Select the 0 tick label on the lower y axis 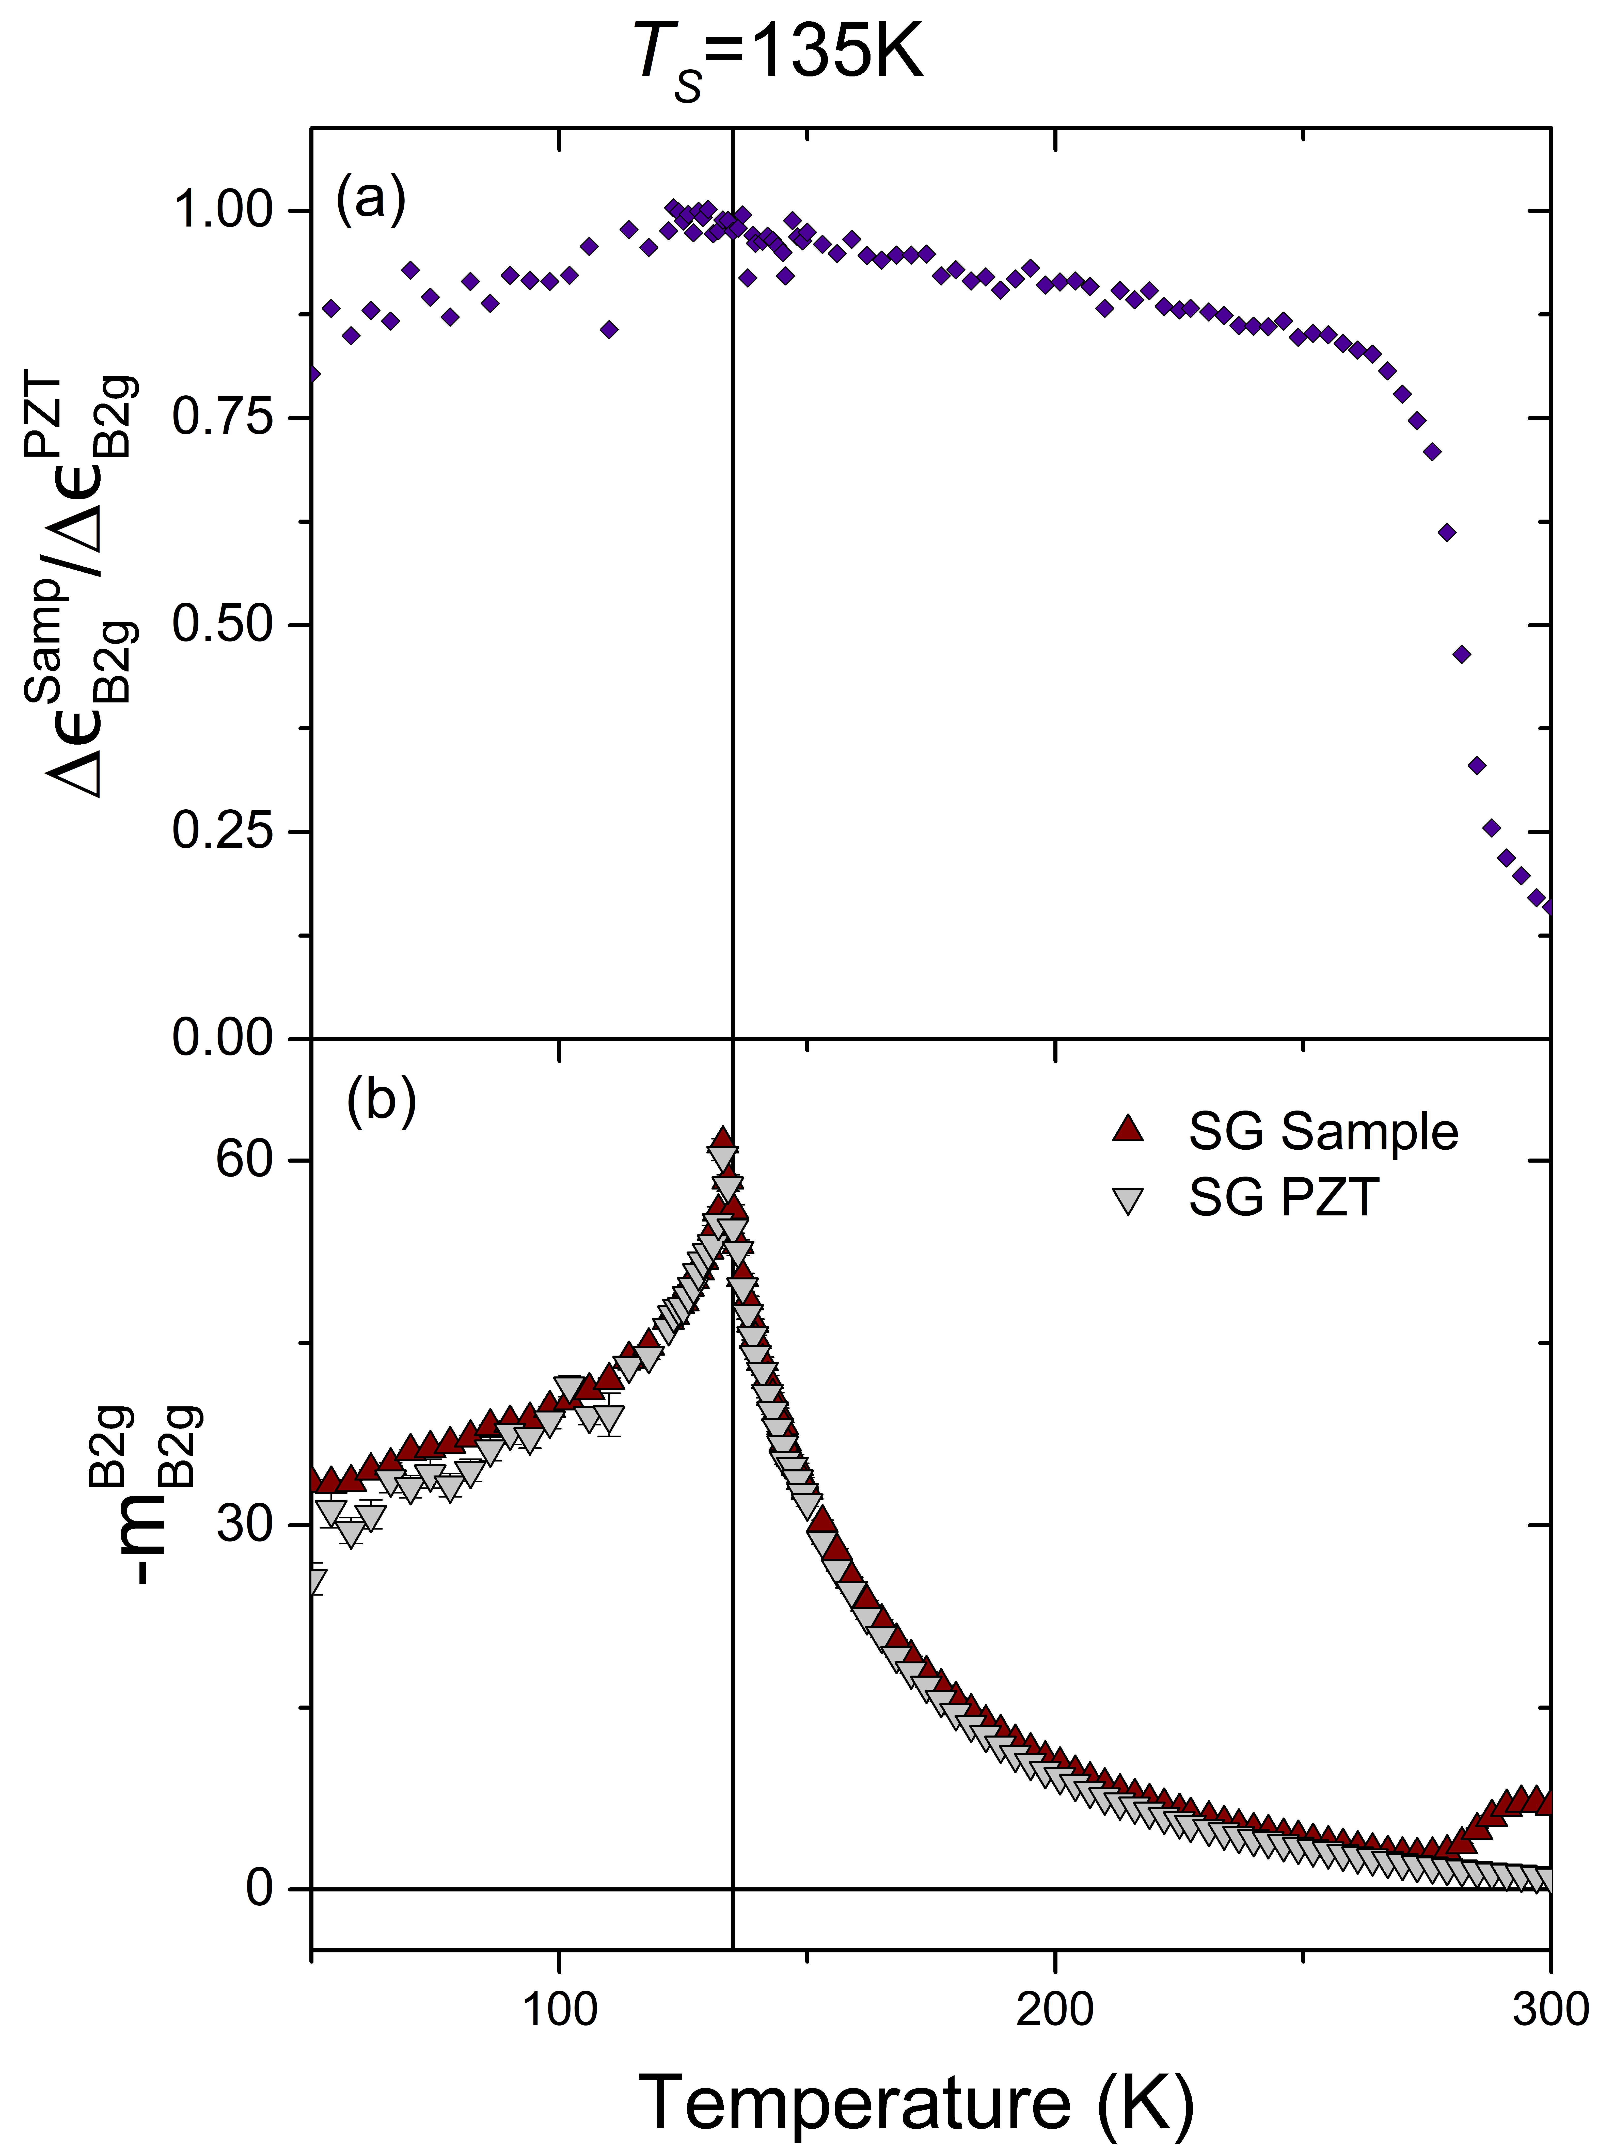[x=259, y=1888]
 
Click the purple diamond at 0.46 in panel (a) [x=1462, y=655]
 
